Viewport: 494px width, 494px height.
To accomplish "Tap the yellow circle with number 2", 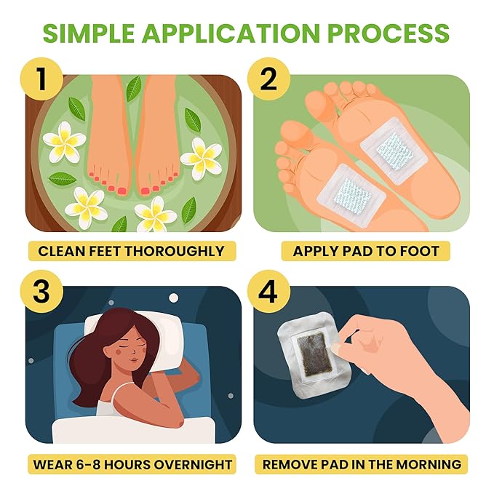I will coord(268,78).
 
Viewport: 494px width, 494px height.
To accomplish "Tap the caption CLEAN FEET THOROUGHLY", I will coord(131,252).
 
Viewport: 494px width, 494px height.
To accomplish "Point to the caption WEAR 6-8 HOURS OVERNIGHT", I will coord(132,463).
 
